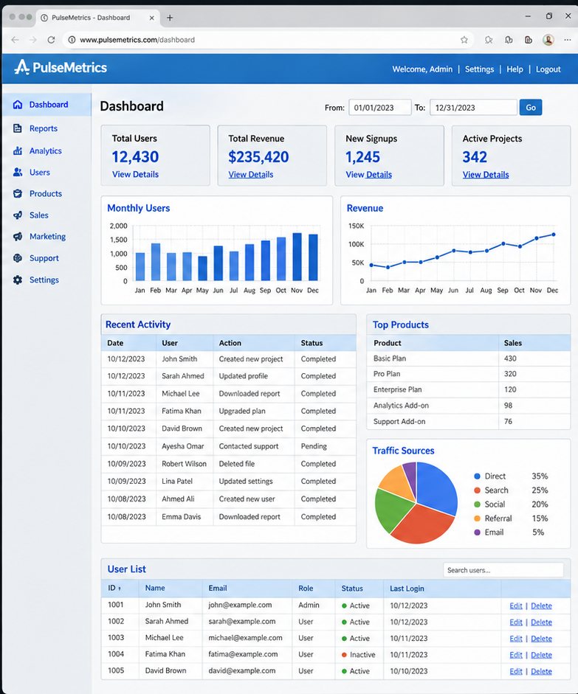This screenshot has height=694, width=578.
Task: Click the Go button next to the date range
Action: [531, 108]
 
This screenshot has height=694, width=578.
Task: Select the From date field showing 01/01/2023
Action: [380, 108]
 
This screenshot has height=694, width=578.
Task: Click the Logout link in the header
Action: [548, 69]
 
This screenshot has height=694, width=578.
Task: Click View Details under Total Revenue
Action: [251, 174]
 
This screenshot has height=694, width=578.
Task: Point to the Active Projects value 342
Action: [475, 156]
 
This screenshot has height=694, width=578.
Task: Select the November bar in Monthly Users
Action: [297, 257]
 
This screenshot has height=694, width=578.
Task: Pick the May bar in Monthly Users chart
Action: [202, 268]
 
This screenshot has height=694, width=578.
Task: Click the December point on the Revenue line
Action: [553, 235]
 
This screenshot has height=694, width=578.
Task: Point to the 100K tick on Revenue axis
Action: [356, 244]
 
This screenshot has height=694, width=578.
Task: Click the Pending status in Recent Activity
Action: [314, 446]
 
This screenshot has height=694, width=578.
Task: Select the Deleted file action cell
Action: [236, 464]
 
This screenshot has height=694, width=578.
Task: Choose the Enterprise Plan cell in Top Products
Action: [397, 389]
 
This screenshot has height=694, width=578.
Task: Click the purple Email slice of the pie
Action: [410, 473]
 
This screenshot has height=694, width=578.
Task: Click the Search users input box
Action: [503, 570]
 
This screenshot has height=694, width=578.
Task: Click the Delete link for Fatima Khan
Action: [541, 655]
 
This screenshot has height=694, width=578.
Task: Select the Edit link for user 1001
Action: [516, 605]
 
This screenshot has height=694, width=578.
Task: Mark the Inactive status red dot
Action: [344, 655]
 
